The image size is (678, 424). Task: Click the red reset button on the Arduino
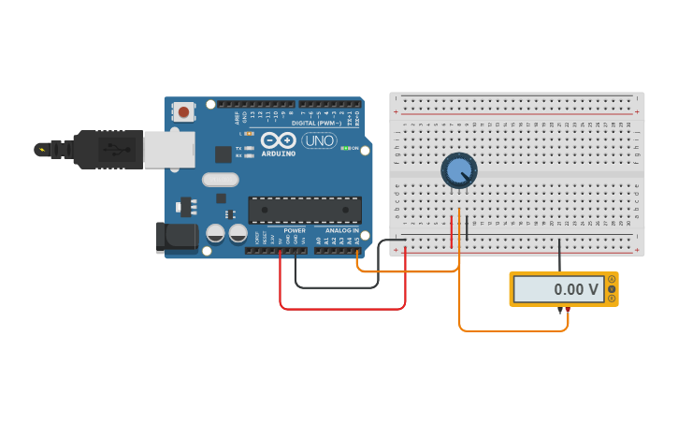tap(183, 112)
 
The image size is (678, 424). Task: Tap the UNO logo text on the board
tap(319, 141)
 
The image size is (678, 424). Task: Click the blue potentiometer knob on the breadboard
tap(458, 170)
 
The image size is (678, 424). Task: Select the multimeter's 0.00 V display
tap(558, 289)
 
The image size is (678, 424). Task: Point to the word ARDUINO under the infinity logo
tap(279, 154)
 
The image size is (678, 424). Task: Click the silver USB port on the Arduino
tap(168, 150)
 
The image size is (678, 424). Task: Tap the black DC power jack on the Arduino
tap(177, 238)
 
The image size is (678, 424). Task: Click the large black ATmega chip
tap(304, 210)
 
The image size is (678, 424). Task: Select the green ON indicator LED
tap(346, 148)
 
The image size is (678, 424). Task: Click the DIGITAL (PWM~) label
tap(316, 123)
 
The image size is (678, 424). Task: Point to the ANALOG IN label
tap(341, 230)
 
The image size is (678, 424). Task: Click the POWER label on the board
tap(295, 230)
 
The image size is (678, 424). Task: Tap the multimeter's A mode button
tap(613, 279)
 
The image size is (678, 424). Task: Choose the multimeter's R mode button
tap(613, 299)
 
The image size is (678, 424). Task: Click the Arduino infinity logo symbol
tap(279, 140)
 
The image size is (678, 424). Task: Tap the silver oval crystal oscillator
tap(221, 180)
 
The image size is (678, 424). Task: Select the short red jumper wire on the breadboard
tap(452, 232)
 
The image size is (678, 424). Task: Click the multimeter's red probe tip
tap(567, 310)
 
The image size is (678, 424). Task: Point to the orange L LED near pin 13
tap(249, 134)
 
